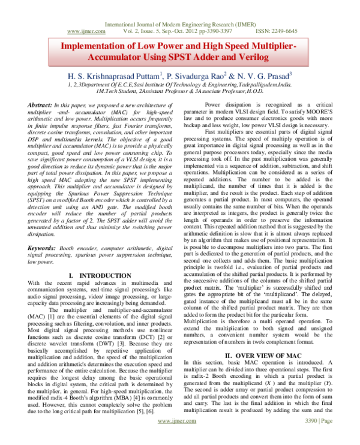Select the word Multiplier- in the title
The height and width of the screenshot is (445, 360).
271,46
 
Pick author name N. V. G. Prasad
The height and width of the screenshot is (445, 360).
261,76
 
